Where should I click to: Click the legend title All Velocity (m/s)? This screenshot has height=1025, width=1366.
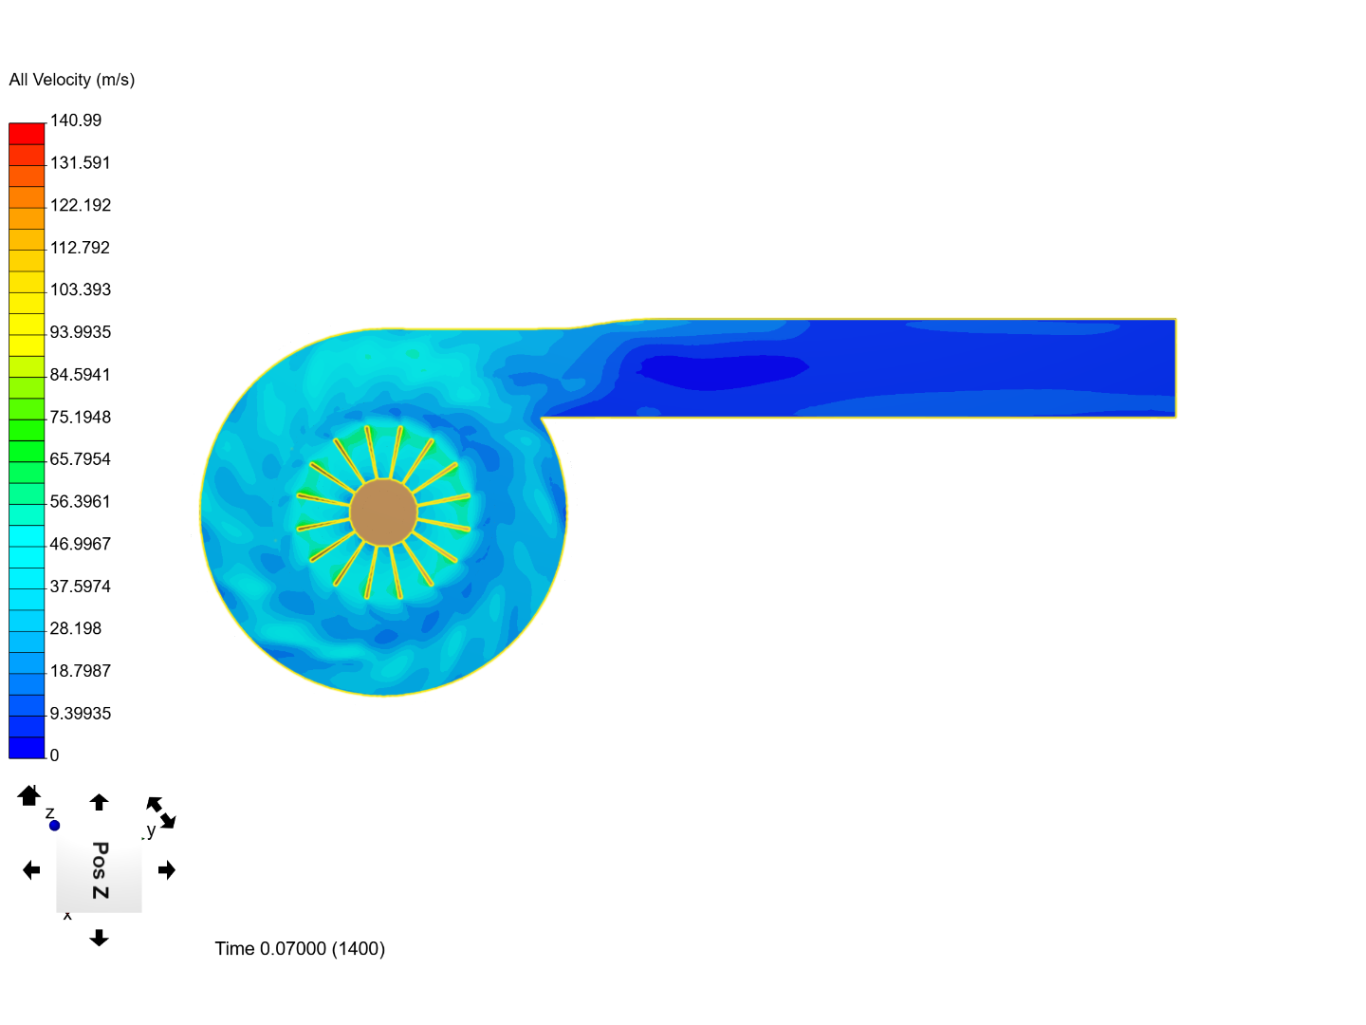(71, 80)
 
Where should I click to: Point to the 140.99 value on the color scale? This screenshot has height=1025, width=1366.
(75, 121)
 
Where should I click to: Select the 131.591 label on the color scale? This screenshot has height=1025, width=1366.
(81, 162)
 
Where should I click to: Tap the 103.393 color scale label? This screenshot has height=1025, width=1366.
(81, 289)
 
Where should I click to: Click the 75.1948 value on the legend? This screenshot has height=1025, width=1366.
(81, 417)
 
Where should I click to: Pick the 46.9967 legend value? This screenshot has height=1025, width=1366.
(81, 544)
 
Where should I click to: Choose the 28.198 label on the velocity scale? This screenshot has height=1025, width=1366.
(75, 628)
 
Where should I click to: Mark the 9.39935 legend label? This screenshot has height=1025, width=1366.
(81, 713)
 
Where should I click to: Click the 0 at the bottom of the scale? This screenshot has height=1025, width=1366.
(54, 755)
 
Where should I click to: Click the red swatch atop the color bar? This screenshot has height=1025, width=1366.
(27, 134)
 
